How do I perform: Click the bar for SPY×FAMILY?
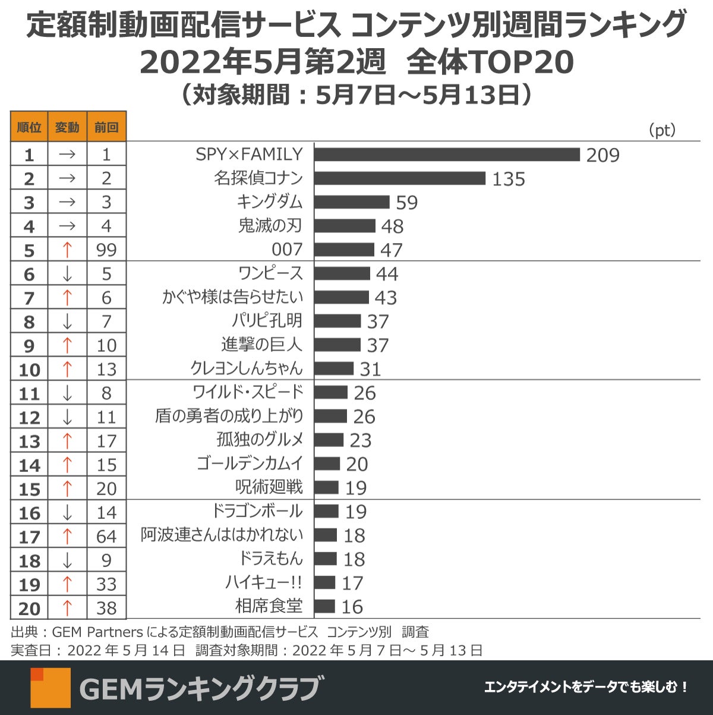(x=447, y=155)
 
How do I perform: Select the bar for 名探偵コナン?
(x=400, y=178)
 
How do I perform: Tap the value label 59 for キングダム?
(x=407, y=203)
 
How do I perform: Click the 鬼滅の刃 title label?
(x=270, y=226)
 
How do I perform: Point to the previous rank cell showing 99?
(x=106, y=250)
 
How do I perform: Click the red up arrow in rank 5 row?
(x=67, y=250)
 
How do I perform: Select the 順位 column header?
(x=29, y=127)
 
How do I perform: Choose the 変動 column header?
(x=67, y=127)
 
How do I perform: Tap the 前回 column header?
(x=106, y=127)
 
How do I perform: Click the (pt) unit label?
(x=662, y=130)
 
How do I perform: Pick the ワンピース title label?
(x=270, y=273)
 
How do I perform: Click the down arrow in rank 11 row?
(x=67, y=393)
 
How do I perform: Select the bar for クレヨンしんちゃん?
(x=334, y=368)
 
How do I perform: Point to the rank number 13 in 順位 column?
(x=29, y=442)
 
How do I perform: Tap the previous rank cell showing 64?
(x=106, y=537)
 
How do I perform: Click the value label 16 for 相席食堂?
(x=352, y=607)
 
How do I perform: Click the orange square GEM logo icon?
(x=51, y=688)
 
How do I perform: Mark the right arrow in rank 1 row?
(x=67, y=155)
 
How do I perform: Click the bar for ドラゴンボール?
(x=326, y=511)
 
